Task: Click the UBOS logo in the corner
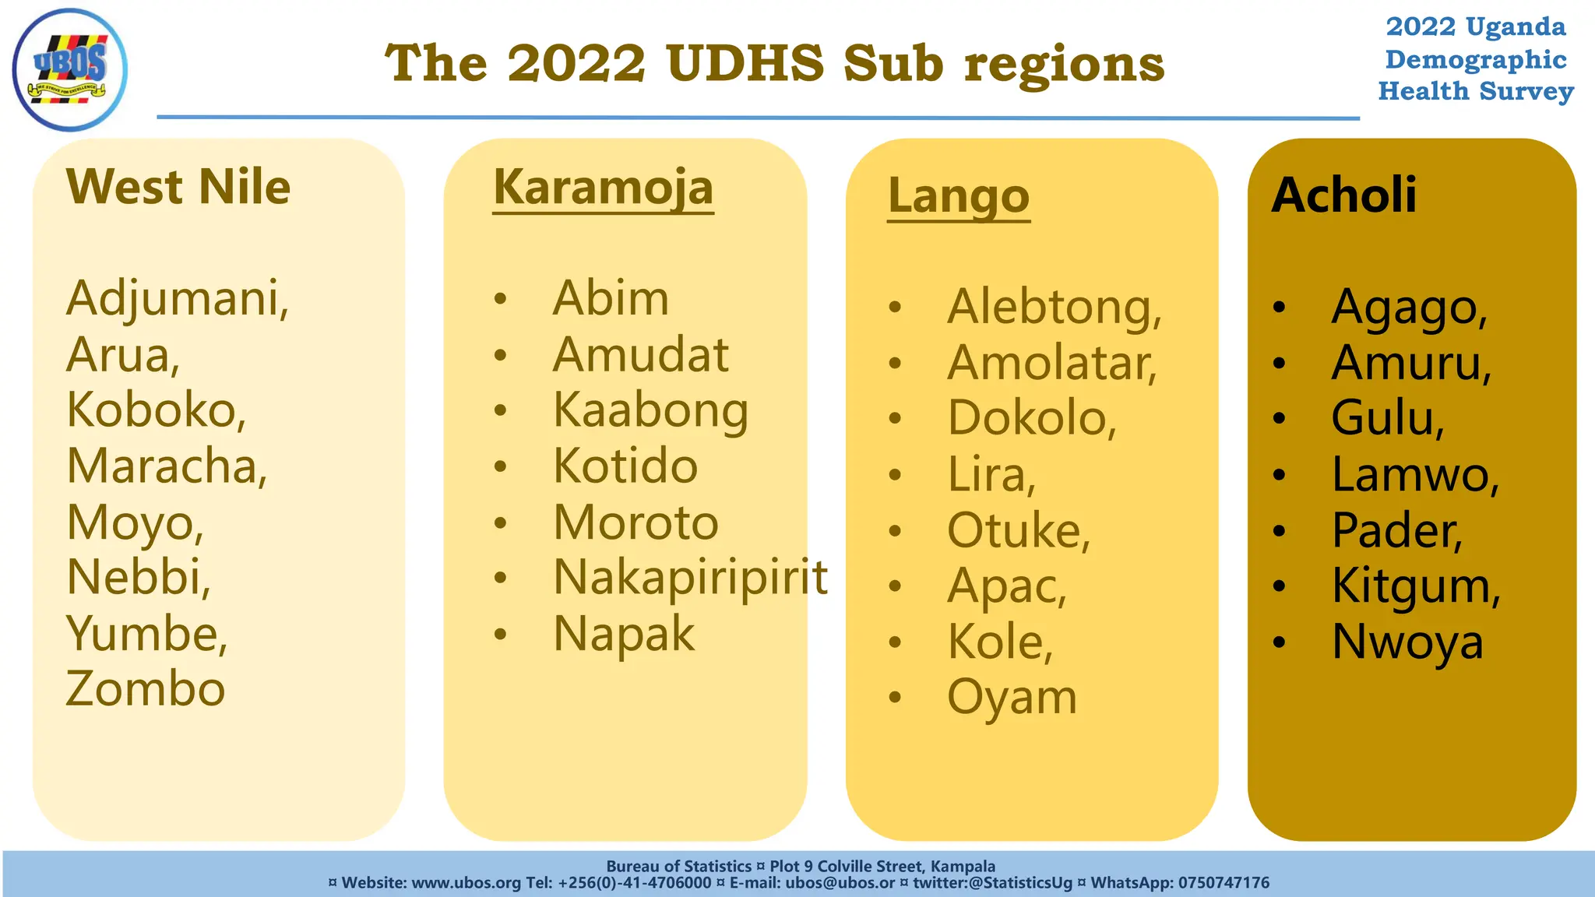point(70,69)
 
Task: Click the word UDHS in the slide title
point(745,63)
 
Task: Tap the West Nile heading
point(178,187)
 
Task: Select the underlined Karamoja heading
point(603,188)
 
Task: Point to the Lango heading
point(958,196)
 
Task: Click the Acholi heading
point(1343,195)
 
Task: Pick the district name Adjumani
point(178,298)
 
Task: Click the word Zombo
point(146,689)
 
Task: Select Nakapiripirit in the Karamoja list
point(690,578)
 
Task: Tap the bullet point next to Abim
point(500,299)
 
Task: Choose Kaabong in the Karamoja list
point(650,410)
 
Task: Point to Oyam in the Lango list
point(1012,697)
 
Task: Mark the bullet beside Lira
point(895,474)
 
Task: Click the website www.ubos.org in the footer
point(466,883)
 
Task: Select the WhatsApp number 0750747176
point(1224,883)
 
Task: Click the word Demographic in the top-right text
point(1475,60)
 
